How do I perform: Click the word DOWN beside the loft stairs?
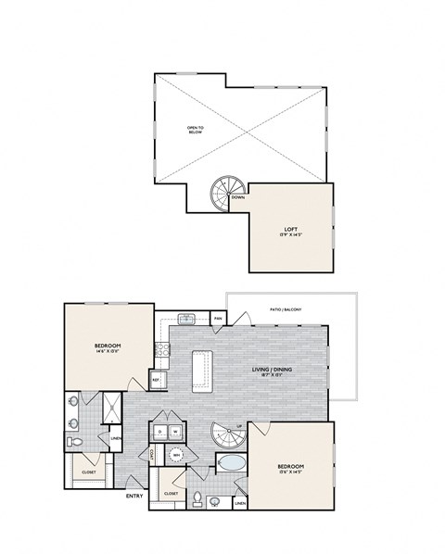(x=238, y=197)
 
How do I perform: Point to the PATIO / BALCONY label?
(x=286, y=309)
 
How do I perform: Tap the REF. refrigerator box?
(x=157, y=380)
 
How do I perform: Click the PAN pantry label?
(x=218, y=319)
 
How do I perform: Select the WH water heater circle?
(x=176, y=455)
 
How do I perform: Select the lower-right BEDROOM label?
(x=291, y=467)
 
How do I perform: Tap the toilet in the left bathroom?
(x=78, y=443)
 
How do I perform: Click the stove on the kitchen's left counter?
(x=161, y=349)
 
